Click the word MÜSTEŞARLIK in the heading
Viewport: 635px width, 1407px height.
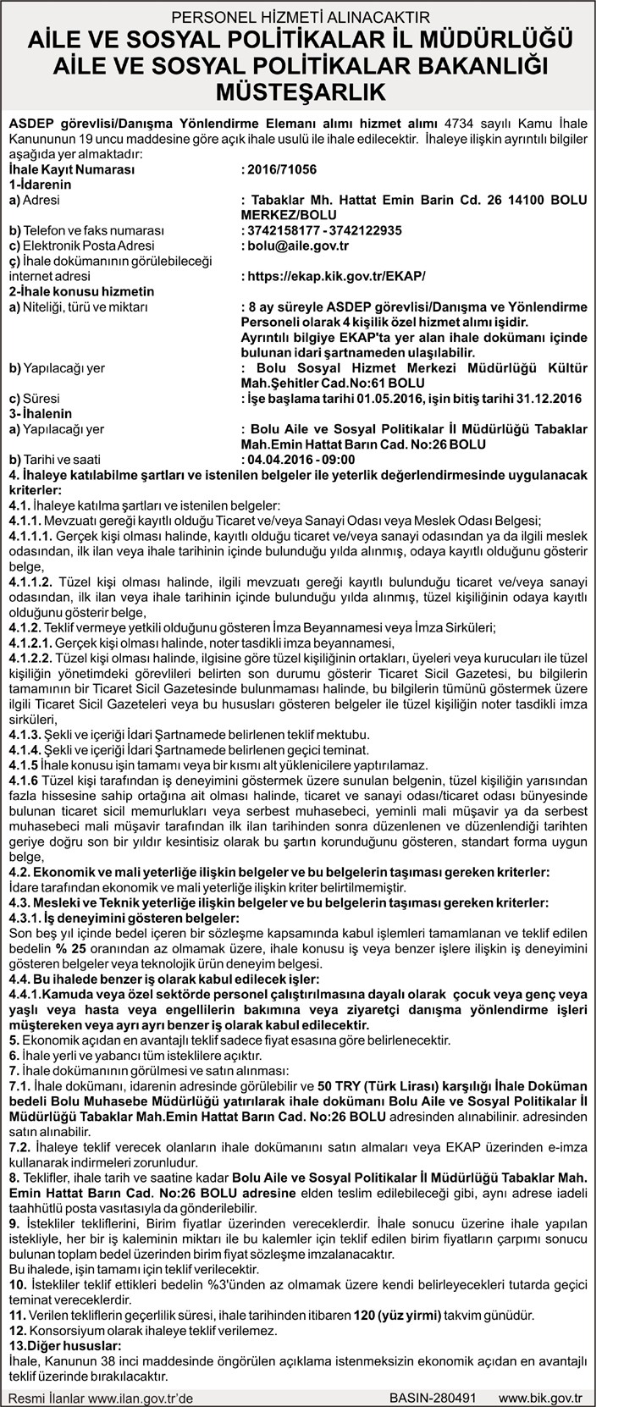(x=317, y=90)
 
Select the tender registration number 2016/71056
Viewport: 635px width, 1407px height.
(x=280, y=169)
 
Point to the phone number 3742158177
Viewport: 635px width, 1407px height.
(x=279, y=230)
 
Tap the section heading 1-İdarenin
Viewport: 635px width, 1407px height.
(x=40, y=185)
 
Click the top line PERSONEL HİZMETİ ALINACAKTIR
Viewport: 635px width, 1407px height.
(x=317, y=14)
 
